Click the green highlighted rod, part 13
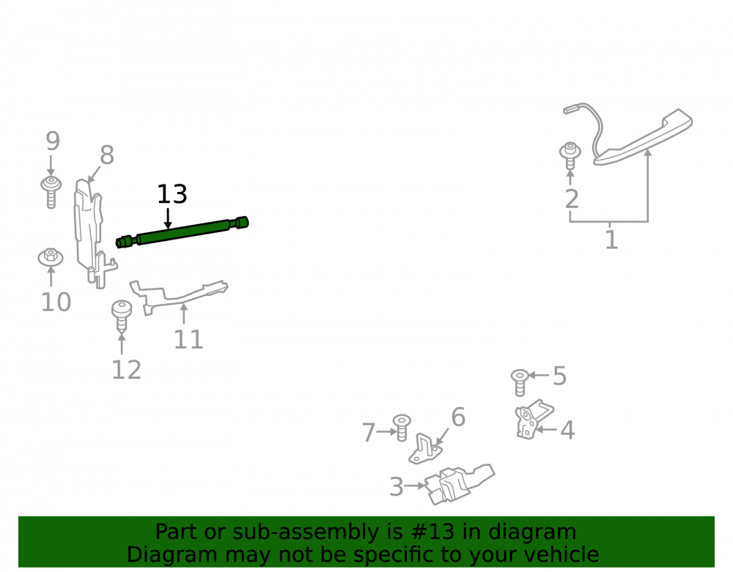[x=183, y=232]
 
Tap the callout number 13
[x=172, y=194]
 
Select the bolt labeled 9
[x=51, y=192]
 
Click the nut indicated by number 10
[x=51, y=257]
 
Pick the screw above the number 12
[x=122, y=315]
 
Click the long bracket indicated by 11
[x=177, y=295]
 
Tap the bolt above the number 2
[x=570, y=155]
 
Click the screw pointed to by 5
[x=520, y=382]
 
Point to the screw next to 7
[x=402, y=427]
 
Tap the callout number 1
[x=611, y=239]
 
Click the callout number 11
[x=188, y=339]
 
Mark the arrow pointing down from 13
[x=168, y=219]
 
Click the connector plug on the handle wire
[x=572, y=110]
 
